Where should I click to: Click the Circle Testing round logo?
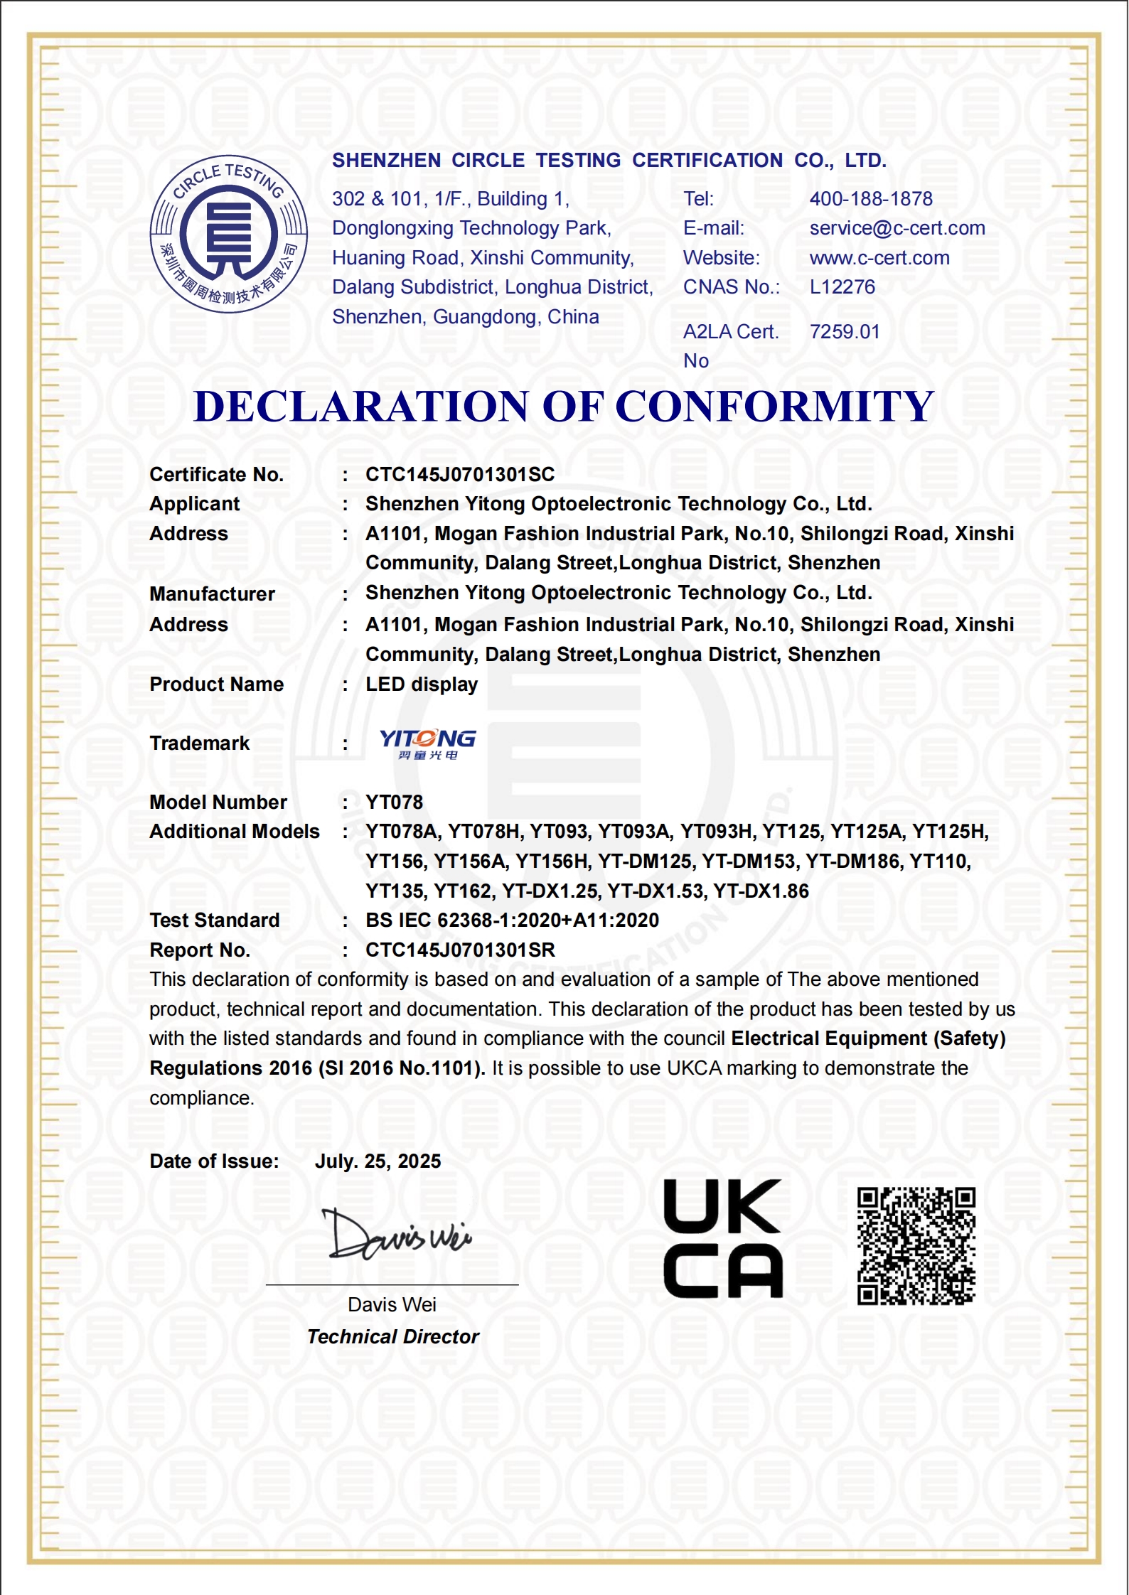click(228, 234)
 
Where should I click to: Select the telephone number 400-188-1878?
click(870, 199)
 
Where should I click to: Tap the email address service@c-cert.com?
click(897, 228)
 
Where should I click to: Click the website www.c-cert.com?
click(879, 258)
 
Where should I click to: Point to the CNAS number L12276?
click(842, 287)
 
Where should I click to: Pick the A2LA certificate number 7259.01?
click(844, 332)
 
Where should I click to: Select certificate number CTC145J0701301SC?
click(459, 475)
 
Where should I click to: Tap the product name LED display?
click(421, 684)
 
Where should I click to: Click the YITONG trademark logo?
click(427, 743)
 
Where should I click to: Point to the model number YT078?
click(394, 802)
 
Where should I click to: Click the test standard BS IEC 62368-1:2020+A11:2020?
click(512, 920)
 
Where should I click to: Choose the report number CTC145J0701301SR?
click(459, 950)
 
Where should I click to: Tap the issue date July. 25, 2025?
click(378, 1161)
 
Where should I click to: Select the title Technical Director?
click(392, 1337)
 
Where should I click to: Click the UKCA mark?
click(722, 1238)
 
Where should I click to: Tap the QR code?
click(916, 1245)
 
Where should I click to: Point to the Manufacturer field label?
click(212, 594)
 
